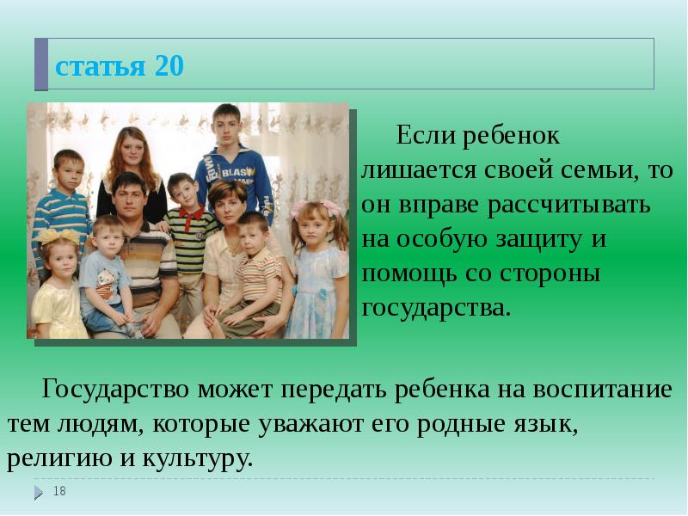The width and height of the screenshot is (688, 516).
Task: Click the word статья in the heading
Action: click(x=99, y=66)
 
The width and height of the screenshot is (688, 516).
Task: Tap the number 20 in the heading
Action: click(x=169, y=66)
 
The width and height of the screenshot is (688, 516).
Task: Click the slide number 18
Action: click(x=59, y=491)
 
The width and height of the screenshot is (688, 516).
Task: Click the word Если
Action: click(x=423, y=136)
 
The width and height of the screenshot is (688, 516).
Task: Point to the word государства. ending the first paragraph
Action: click(x=436, y=308)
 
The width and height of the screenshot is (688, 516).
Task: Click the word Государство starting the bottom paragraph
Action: click(x=116, y=390)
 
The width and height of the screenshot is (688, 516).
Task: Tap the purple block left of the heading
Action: click(x=41, y=64)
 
